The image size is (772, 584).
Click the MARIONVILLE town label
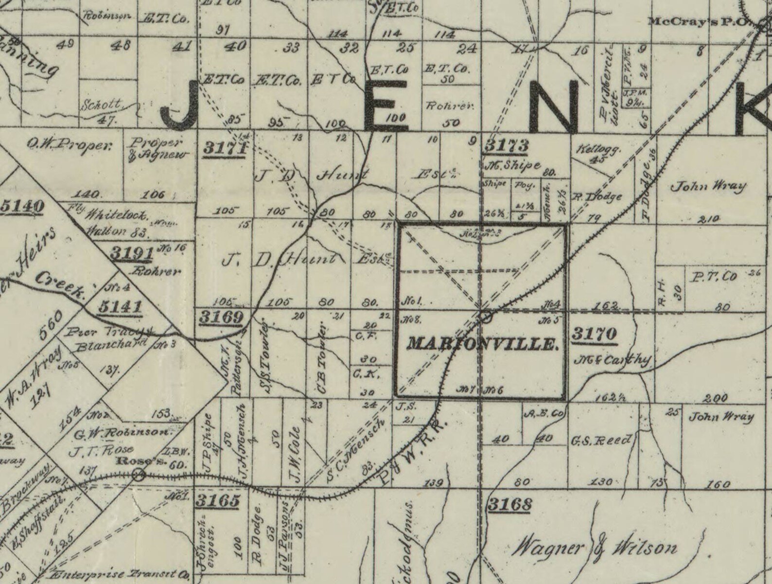(482, 344)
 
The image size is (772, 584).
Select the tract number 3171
(224, 147)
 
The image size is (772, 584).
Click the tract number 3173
(506, 145)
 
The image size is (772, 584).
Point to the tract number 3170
(594, 334)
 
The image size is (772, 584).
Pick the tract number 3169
(221, 318)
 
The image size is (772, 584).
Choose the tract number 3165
(217, 500)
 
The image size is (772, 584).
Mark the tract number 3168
(509, 504)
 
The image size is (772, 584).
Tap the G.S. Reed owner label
(601, 440)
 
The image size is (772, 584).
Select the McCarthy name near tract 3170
(613, 360)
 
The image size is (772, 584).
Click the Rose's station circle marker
(139, 474)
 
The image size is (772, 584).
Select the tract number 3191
(131, 253)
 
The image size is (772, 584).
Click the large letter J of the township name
(180, 108)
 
